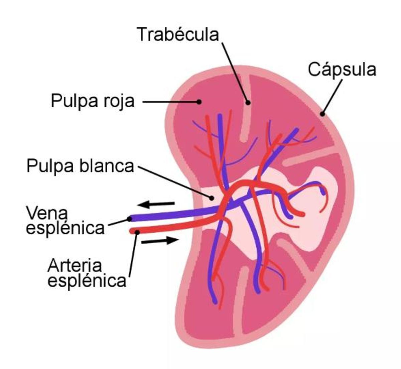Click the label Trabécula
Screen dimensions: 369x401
pos(178,34)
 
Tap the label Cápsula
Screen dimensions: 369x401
pos(342,70)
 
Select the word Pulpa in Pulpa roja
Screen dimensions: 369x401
pos(69,101)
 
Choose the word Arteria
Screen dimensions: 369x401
pos(75,266)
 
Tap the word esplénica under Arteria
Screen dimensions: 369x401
pos(87,281)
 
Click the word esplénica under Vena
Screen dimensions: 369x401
pos(65,228)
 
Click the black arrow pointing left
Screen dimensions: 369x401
pos(156,204)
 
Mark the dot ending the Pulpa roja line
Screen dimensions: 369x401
pos(199,102)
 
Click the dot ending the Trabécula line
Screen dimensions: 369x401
pos(248,103)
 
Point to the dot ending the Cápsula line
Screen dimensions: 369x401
pos(322,114)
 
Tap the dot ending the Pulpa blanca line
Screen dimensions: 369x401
pos(211,198)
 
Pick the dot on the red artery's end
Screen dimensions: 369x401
pos(136,232)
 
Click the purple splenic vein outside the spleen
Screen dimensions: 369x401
pos(167,215)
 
